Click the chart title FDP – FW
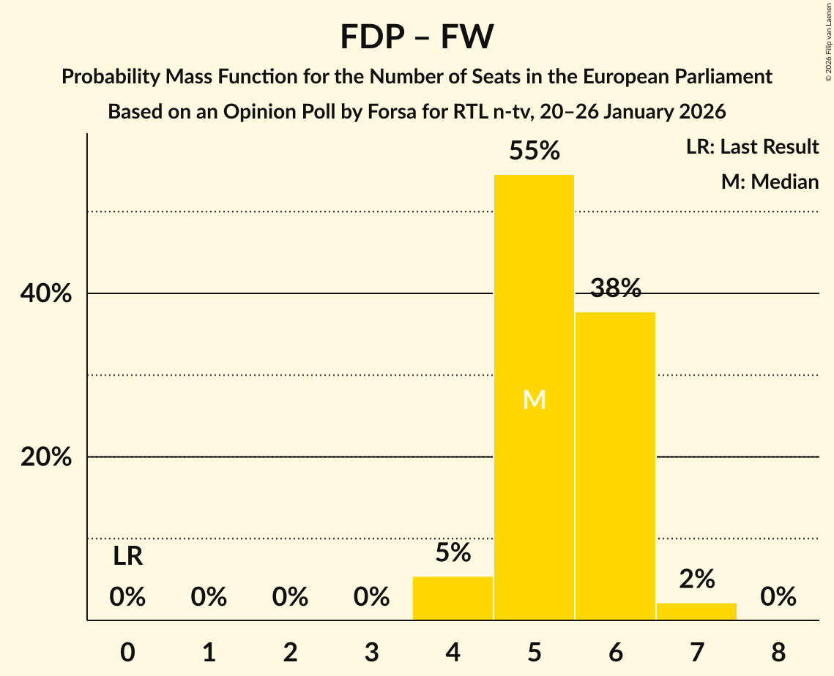[417, 37]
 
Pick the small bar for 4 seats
[453, 598]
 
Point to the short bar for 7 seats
[696, 612]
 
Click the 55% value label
[534, 151]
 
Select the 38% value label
[615, 289]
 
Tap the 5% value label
[453, 553]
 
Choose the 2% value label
[696, 579]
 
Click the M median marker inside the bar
[534, 400]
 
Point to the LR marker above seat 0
[127, 557]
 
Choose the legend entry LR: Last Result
[752, 147]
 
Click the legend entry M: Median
[770, 181]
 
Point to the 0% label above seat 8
[778, 598]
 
